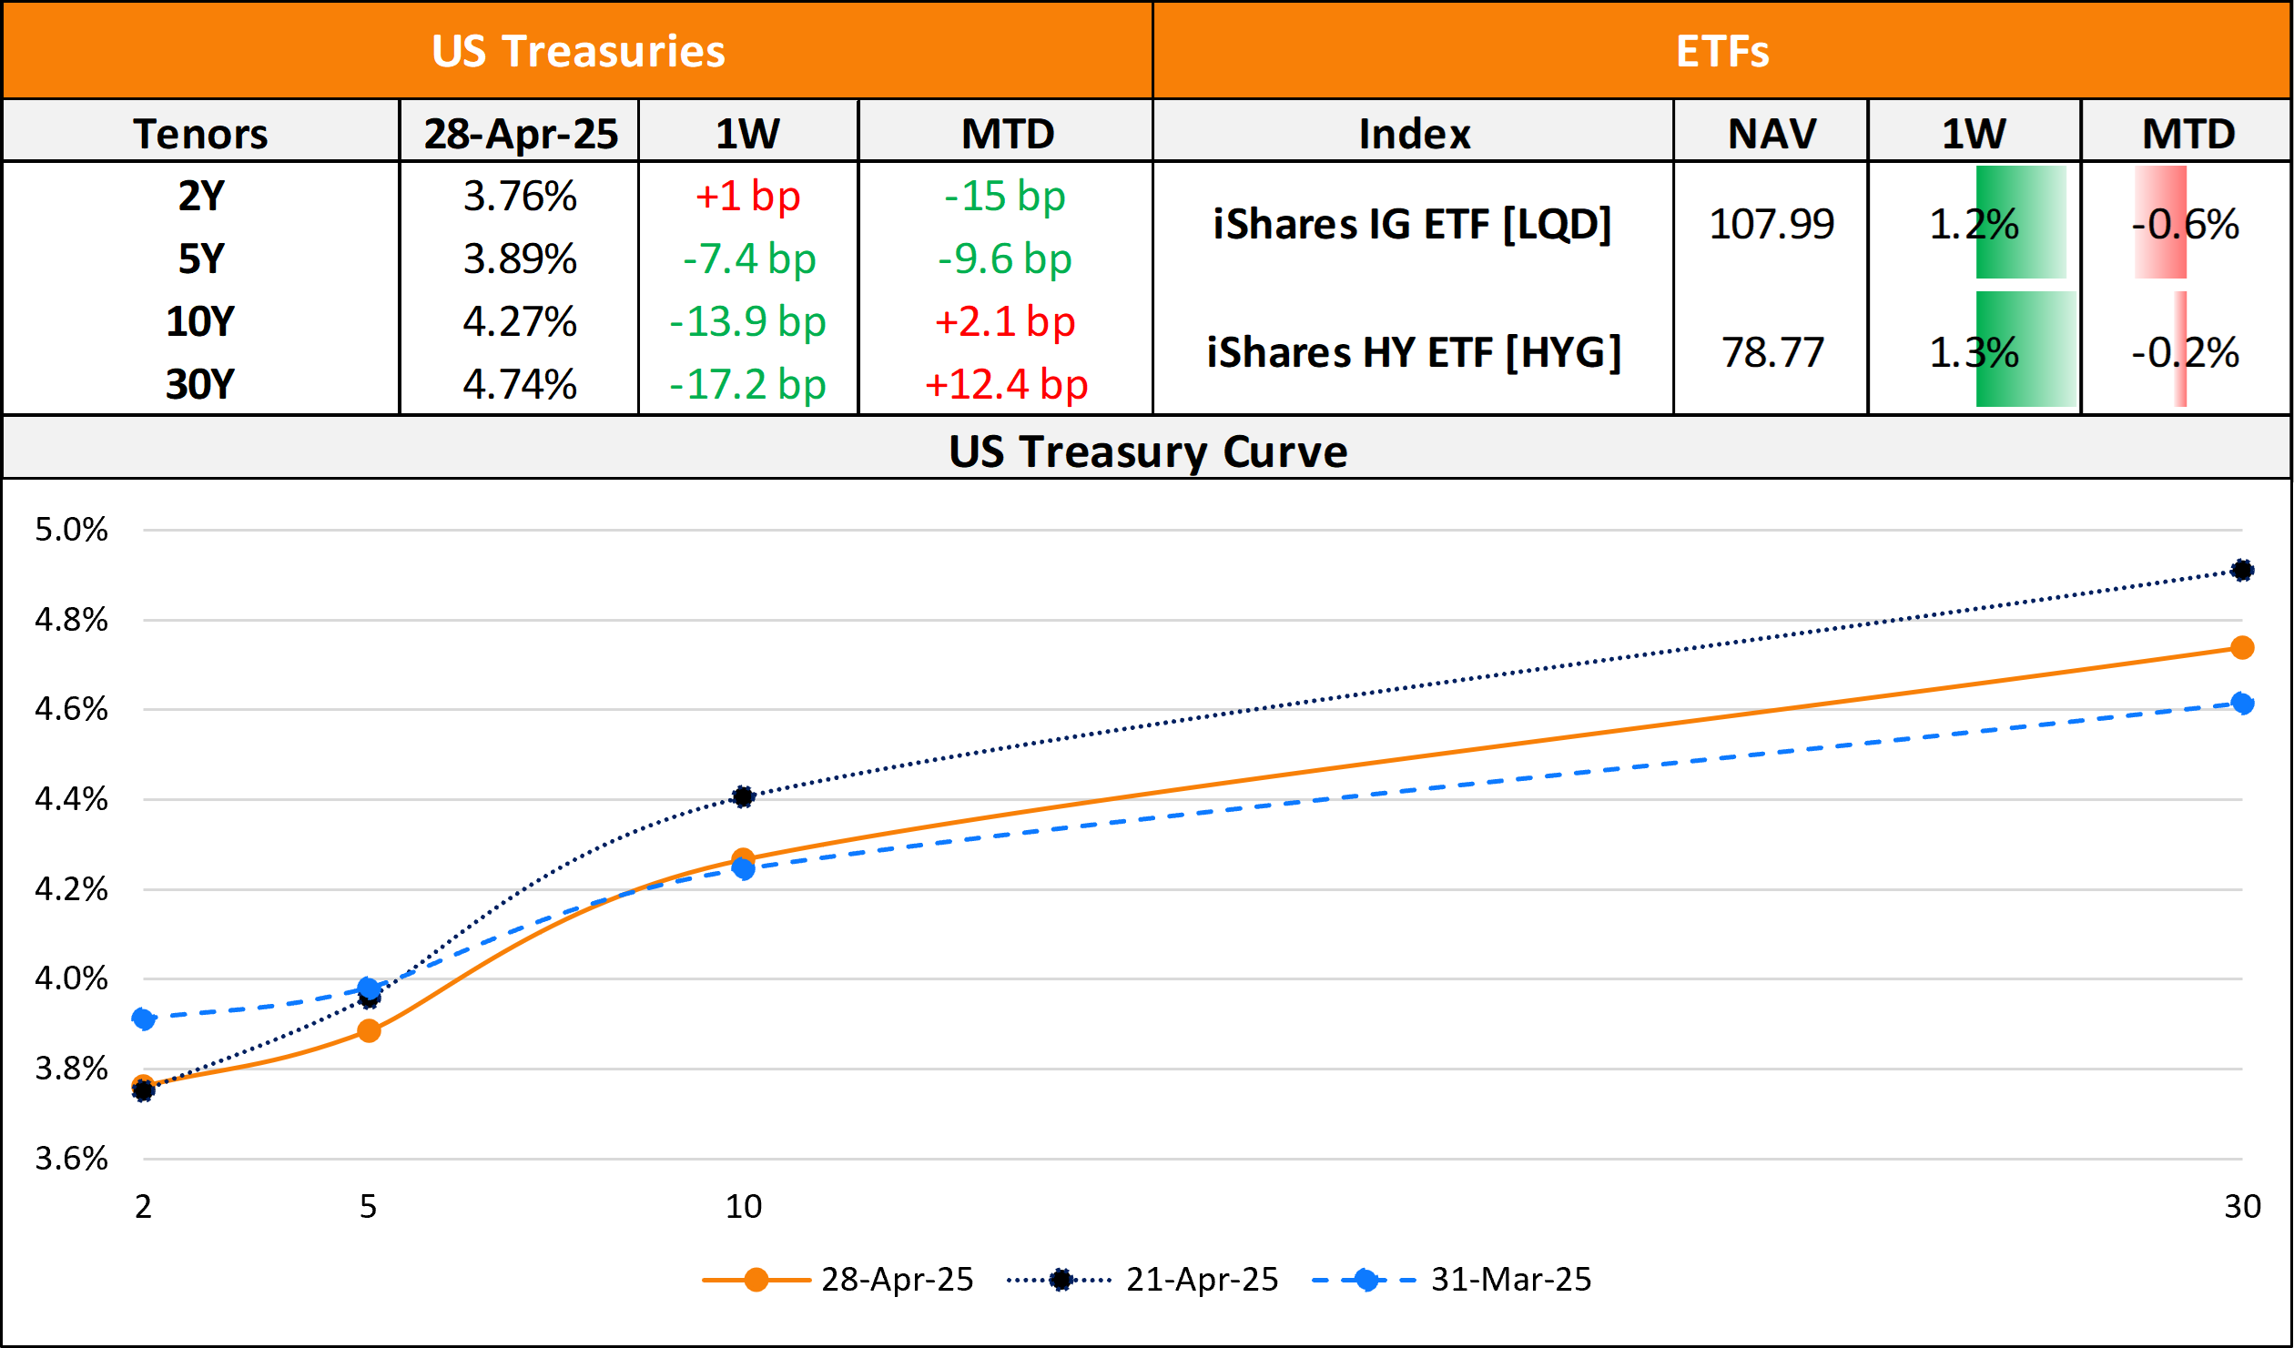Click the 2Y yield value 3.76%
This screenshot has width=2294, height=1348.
coord(520,197)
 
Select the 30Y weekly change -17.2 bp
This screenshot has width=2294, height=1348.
coord(747,384)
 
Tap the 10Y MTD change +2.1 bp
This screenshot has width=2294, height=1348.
coord(1005,321)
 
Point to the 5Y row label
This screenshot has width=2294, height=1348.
coord(200,259)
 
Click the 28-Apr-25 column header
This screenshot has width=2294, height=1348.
coord(521,134)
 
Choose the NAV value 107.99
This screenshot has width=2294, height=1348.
coord(1771,224)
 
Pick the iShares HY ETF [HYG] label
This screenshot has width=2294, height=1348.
coord(1414,352)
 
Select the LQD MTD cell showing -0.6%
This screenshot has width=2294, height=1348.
coord(2185,224)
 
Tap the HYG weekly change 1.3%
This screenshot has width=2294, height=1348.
coord(1974,352)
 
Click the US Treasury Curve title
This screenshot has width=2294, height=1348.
coord(1148,451)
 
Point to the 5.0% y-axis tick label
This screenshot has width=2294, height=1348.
coord(71,530)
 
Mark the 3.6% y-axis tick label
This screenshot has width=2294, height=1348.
coord(71,1159)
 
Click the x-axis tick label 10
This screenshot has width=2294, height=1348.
coord(743,1207)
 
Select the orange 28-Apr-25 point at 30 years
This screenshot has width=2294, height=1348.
coord(2242,648)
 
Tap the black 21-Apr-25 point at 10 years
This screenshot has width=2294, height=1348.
coord(743,797)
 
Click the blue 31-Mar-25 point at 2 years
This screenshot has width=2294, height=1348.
coord(143,1019)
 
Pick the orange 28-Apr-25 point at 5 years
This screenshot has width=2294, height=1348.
coord(369,1031)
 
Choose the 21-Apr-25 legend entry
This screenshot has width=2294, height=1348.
coord(1202,1280)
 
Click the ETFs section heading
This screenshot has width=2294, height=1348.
coord(1722,51)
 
